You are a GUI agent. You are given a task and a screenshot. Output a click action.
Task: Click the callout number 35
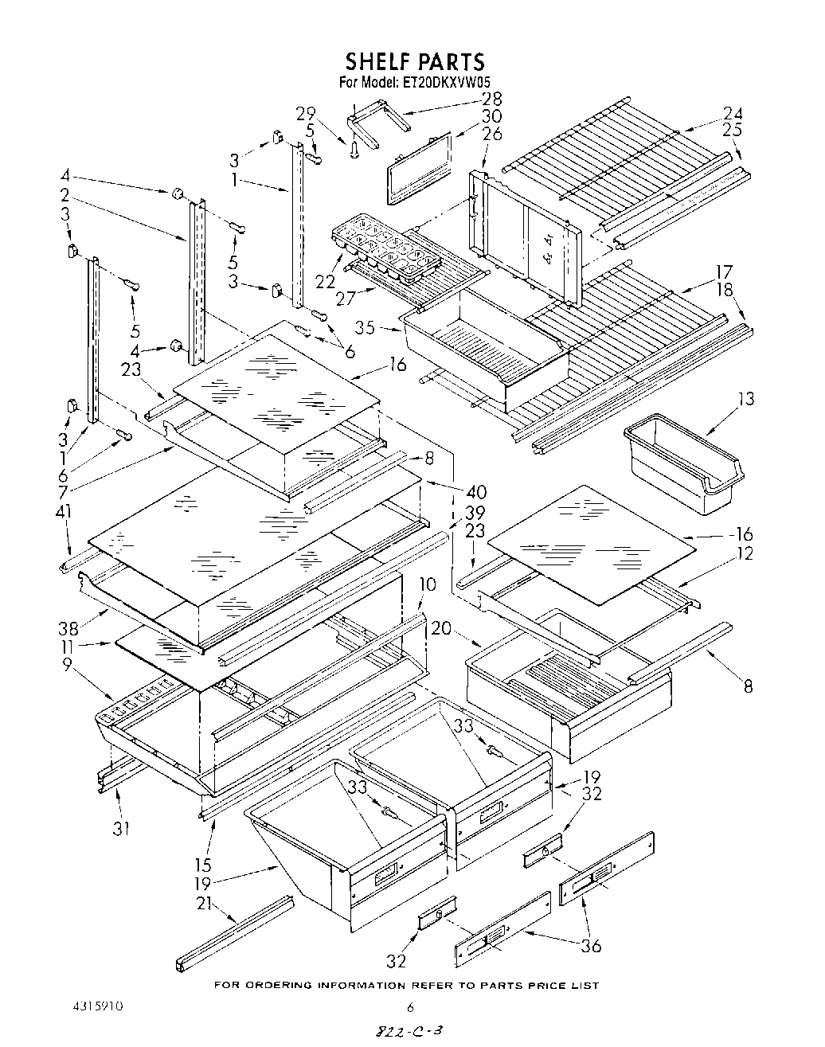coord(366,326)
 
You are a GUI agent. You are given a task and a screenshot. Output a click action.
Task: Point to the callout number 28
coord(491,99)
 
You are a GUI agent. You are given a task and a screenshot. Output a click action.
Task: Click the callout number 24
coord(733,112)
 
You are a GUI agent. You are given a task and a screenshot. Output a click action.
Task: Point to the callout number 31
coord(120,828)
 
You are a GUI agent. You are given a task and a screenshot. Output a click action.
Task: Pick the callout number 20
coord(441,628)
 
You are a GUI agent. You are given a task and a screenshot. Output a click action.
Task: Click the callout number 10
coord(428,585)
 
